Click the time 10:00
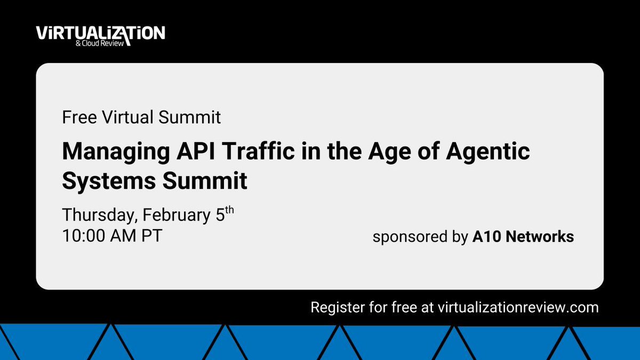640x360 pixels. click(x=85, y=236)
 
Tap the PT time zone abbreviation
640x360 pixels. click(x=150, y=236)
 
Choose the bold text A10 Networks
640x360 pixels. click(x=523, y=237)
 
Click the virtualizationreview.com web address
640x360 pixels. click(x=518, y=307)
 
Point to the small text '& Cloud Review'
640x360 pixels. click(x=107, y=43)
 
